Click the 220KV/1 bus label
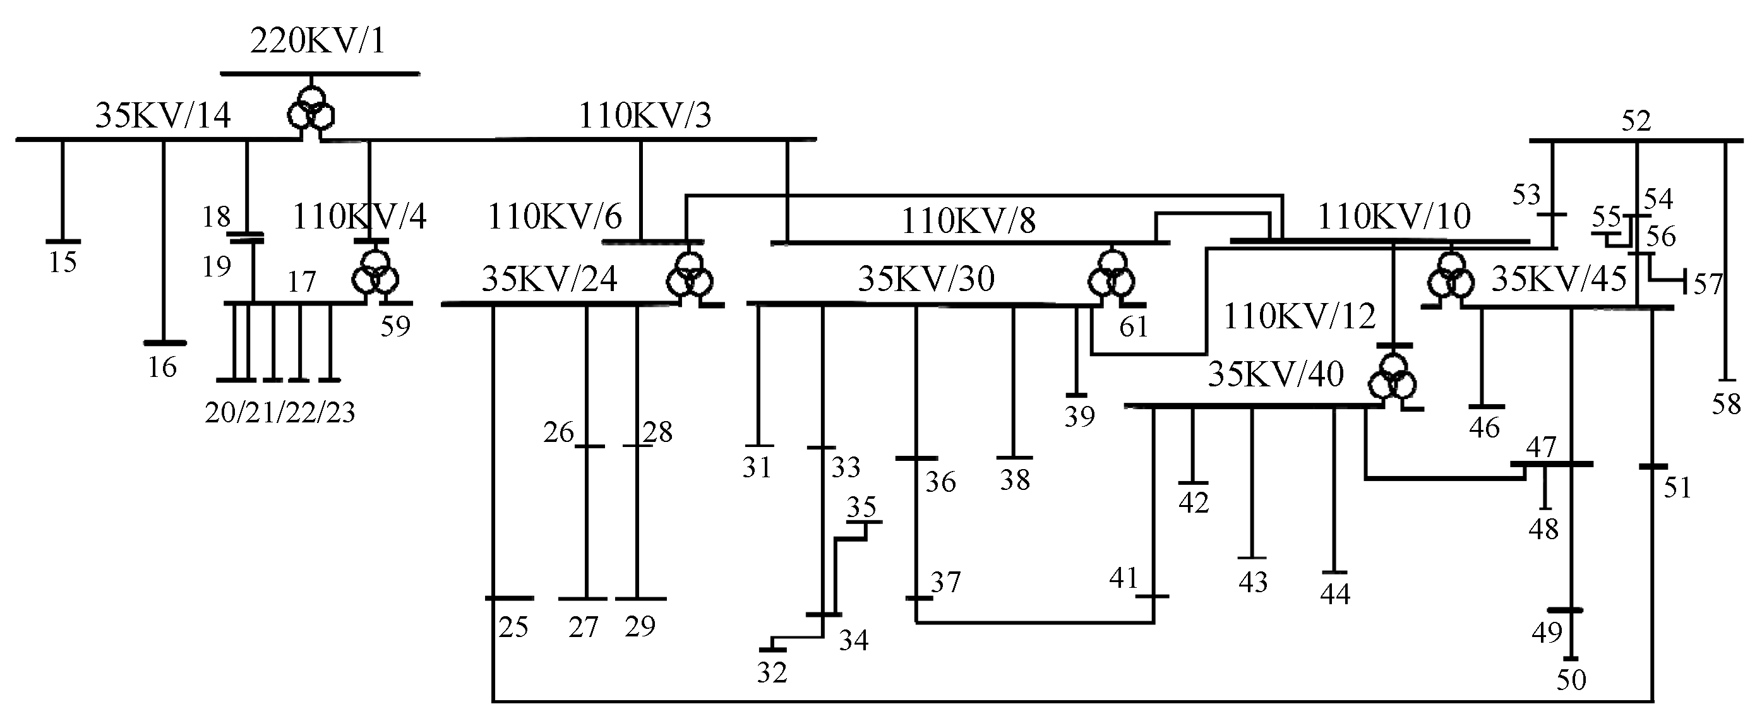[318, 42]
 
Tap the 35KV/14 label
[163, 116]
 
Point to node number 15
[63, 262]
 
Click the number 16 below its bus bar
[163, 367]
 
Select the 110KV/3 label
[645, 116]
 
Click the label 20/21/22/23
[280, 412]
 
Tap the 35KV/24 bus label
[549, 279]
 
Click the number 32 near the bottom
[772, 673]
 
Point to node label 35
[861, 507]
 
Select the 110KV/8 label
[969, 221]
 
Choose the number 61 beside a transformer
[1134, 327]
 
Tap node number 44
[1335, 593]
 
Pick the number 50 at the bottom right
[1571, 680]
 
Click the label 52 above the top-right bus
[1636, 122]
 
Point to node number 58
[1726, 405]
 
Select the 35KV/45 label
[1559, 279]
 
